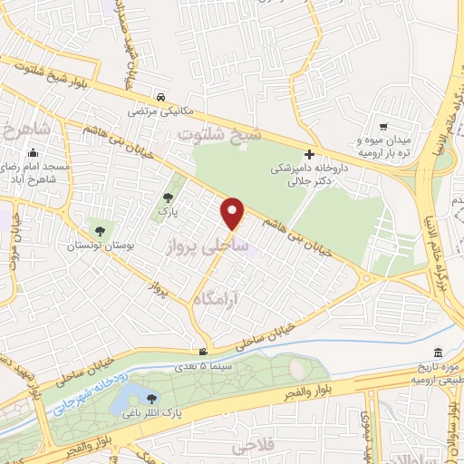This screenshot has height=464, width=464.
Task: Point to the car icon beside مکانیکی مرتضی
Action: click(x=159, y=97)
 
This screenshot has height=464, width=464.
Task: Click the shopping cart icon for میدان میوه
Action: click(x=384, y=128)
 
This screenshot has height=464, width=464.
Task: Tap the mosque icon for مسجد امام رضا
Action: click(x=34, y=151)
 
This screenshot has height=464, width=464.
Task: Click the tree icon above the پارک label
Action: click(x=167, y=197)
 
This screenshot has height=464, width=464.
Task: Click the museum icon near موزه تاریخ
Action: click(x=439, y=352)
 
